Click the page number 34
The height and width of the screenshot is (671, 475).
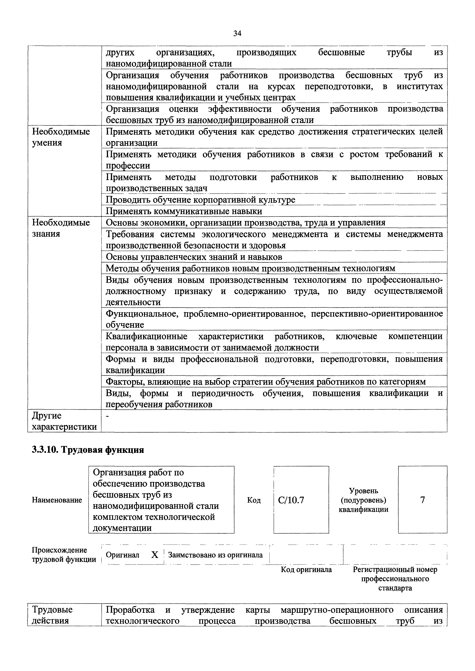[237, 34]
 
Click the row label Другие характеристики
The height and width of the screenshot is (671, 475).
[64, 421]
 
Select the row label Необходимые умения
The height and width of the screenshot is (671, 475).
[61, 137]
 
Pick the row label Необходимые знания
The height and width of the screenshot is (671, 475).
[61, 228]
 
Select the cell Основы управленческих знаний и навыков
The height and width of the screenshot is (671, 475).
[194, 257]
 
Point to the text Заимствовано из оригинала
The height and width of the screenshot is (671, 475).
[215, 555]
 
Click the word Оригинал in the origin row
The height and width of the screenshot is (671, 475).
[123, 555]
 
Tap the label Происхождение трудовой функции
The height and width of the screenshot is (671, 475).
[64, 555]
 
